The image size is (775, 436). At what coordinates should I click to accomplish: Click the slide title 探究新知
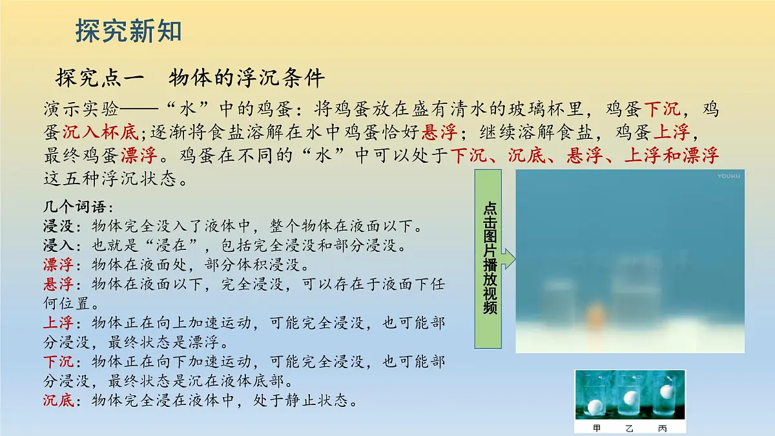129,31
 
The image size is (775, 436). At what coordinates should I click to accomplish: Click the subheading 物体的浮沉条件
246,78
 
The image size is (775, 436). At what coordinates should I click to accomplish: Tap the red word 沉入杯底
100,132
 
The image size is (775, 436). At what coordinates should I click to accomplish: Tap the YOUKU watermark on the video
728,176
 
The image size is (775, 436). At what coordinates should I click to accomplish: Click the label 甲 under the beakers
597,428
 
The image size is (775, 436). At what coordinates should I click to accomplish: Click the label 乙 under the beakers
630,428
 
